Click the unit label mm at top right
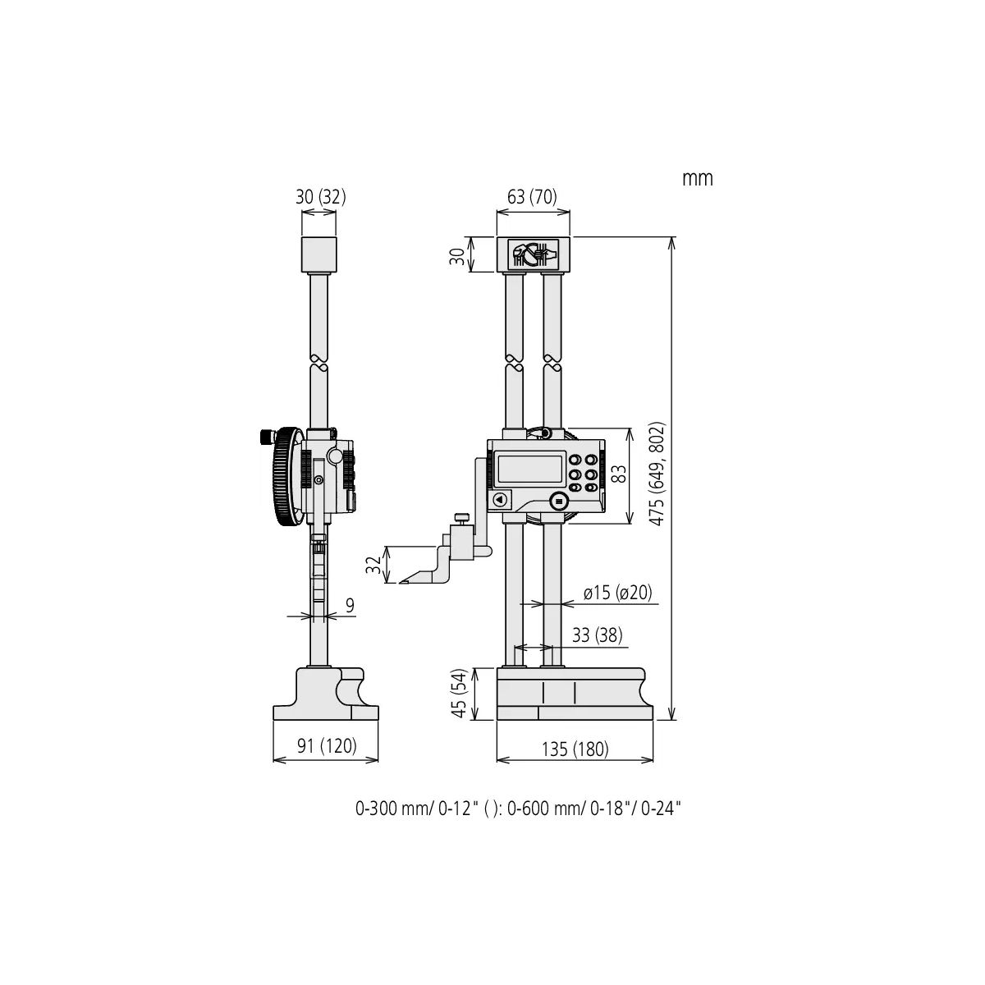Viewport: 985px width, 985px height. click(x=697, y=178)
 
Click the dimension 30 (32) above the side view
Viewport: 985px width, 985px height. click(x=320, y=197)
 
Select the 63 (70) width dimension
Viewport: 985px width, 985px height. click(x=532, y=197)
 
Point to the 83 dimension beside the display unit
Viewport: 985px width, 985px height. click(x=618, y=474)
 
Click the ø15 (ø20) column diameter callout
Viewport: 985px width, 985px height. click(x=617, y=593)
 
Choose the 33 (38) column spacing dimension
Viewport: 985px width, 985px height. click(x=597, y=635)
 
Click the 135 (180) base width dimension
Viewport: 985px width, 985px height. click(x=575, y=749)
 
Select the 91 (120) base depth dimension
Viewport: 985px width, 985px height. click(x=326, y=746)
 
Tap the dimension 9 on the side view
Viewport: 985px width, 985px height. click(x=350, y=606)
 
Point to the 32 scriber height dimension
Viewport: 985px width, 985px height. click(x=374, y=566)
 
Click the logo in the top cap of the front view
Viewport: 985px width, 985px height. click(x=533, y=254)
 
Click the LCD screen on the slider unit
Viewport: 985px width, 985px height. click(x=529, y=469)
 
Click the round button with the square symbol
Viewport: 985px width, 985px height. click(x=559, y=500)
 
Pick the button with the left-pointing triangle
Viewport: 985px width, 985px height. click(x=500, y=499)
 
